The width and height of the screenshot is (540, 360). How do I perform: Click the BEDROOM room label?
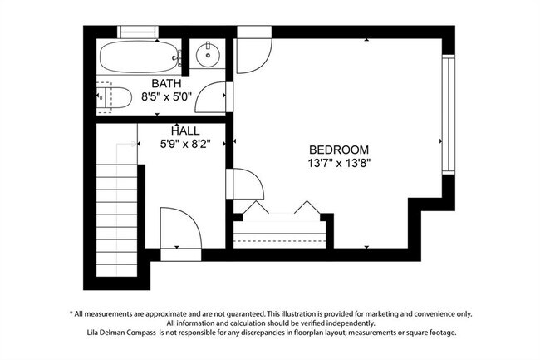click(339, 150)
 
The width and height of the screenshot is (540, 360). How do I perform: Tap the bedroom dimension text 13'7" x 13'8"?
click(339, 163)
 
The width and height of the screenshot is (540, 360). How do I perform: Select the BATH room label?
click(166, 83)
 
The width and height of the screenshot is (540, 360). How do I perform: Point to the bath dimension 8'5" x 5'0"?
click(166, 96)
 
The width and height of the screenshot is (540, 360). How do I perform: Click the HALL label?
click(185, 131)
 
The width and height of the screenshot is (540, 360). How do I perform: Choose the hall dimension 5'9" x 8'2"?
click(185, 144)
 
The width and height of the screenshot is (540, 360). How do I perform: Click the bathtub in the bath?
click(140, 57)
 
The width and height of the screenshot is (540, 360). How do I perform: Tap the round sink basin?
click(208, 54)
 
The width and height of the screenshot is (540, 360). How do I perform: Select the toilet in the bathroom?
click(114, 97)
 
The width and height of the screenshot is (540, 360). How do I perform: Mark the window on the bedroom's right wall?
click(449, 115)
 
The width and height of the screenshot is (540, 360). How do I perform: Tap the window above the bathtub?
click(138, 32)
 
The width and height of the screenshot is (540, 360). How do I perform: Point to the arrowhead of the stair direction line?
click(135, 144)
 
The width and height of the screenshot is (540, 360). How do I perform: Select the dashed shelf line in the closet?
click(280, 240)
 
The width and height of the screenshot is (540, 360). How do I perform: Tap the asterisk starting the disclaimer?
click(71, 313)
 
